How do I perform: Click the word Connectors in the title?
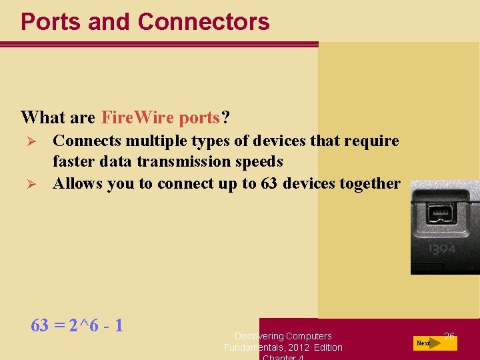coord(203,22)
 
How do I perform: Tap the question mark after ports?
coord(226,118)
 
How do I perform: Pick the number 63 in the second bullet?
coord(268,183)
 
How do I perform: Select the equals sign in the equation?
coord(59,326)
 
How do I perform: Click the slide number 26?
coord(449,337)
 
